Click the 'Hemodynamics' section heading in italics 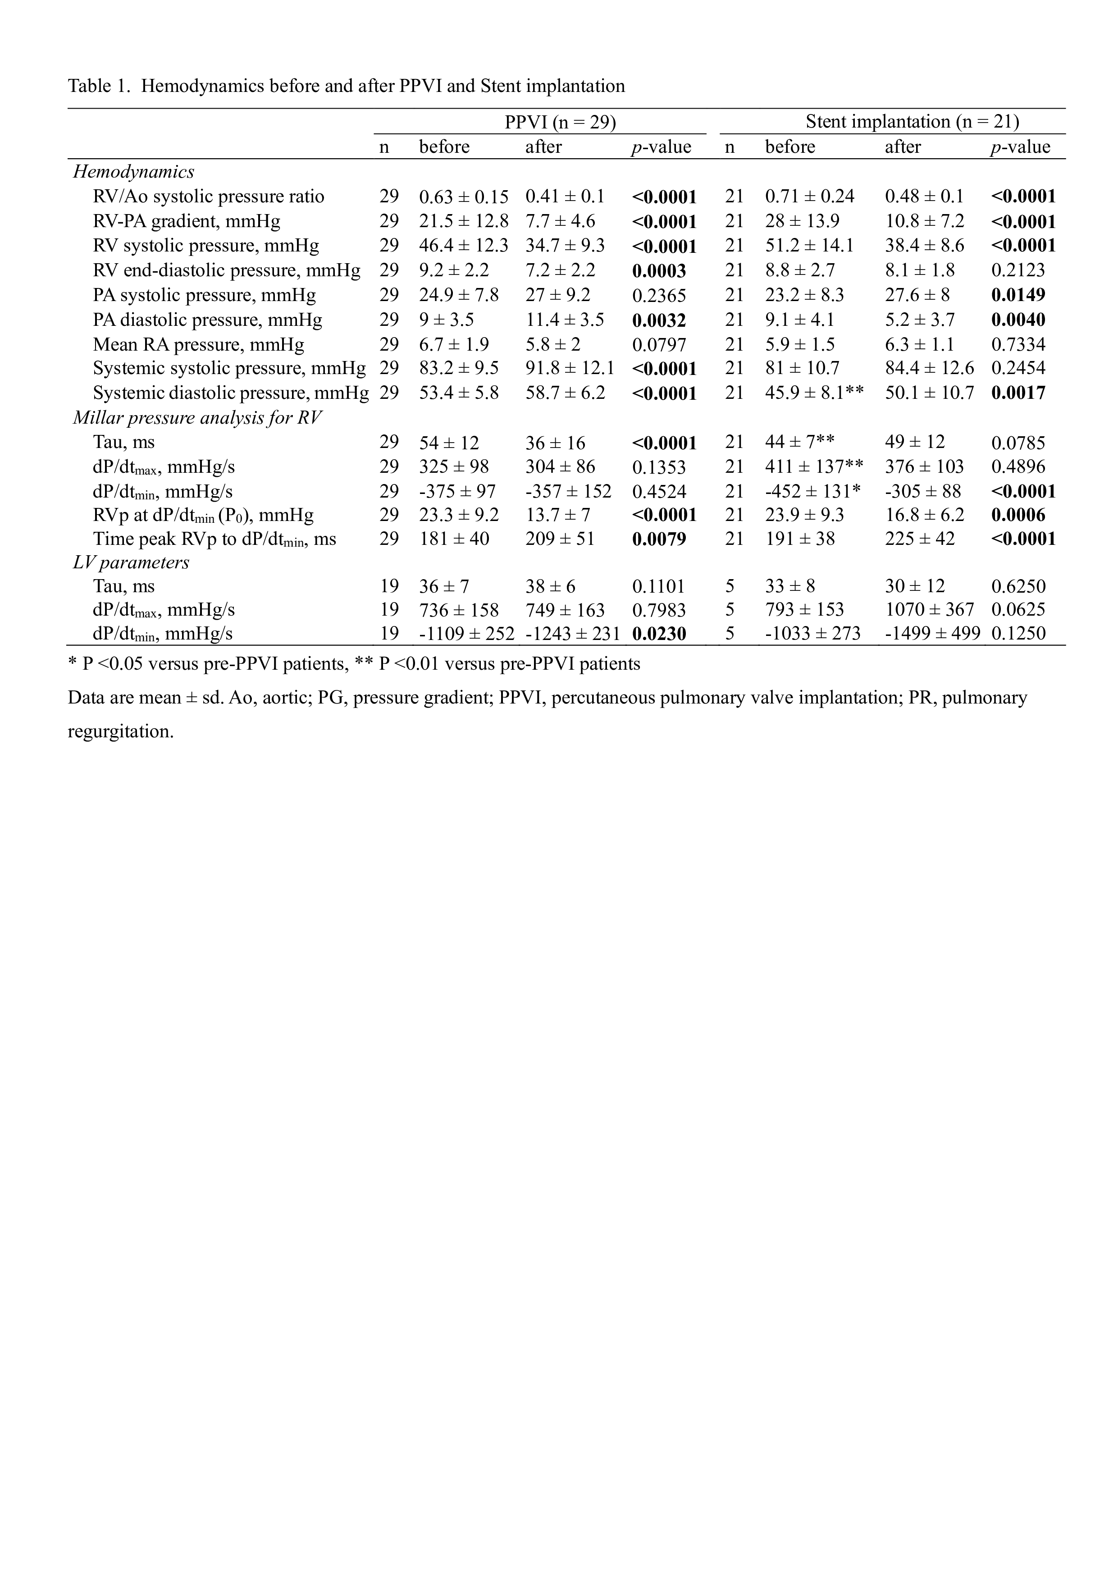coord(133,171)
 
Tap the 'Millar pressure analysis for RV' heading coord(197,417)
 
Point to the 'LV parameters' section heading coord(131,562)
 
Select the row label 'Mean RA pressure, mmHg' coord(198,344)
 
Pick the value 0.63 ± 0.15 coord(463,197)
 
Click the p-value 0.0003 coord(659,270)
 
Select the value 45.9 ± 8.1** coord(814,393)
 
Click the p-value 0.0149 coord(1018,295)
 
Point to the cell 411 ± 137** coord(814,467)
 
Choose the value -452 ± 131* coord(812,492)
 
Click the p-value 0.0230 coord(659,634)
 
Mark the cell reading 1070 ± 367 coord(929,610)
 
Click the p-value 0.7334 coord(1018,344)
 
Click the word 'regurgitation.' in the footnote coord(120,731)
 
